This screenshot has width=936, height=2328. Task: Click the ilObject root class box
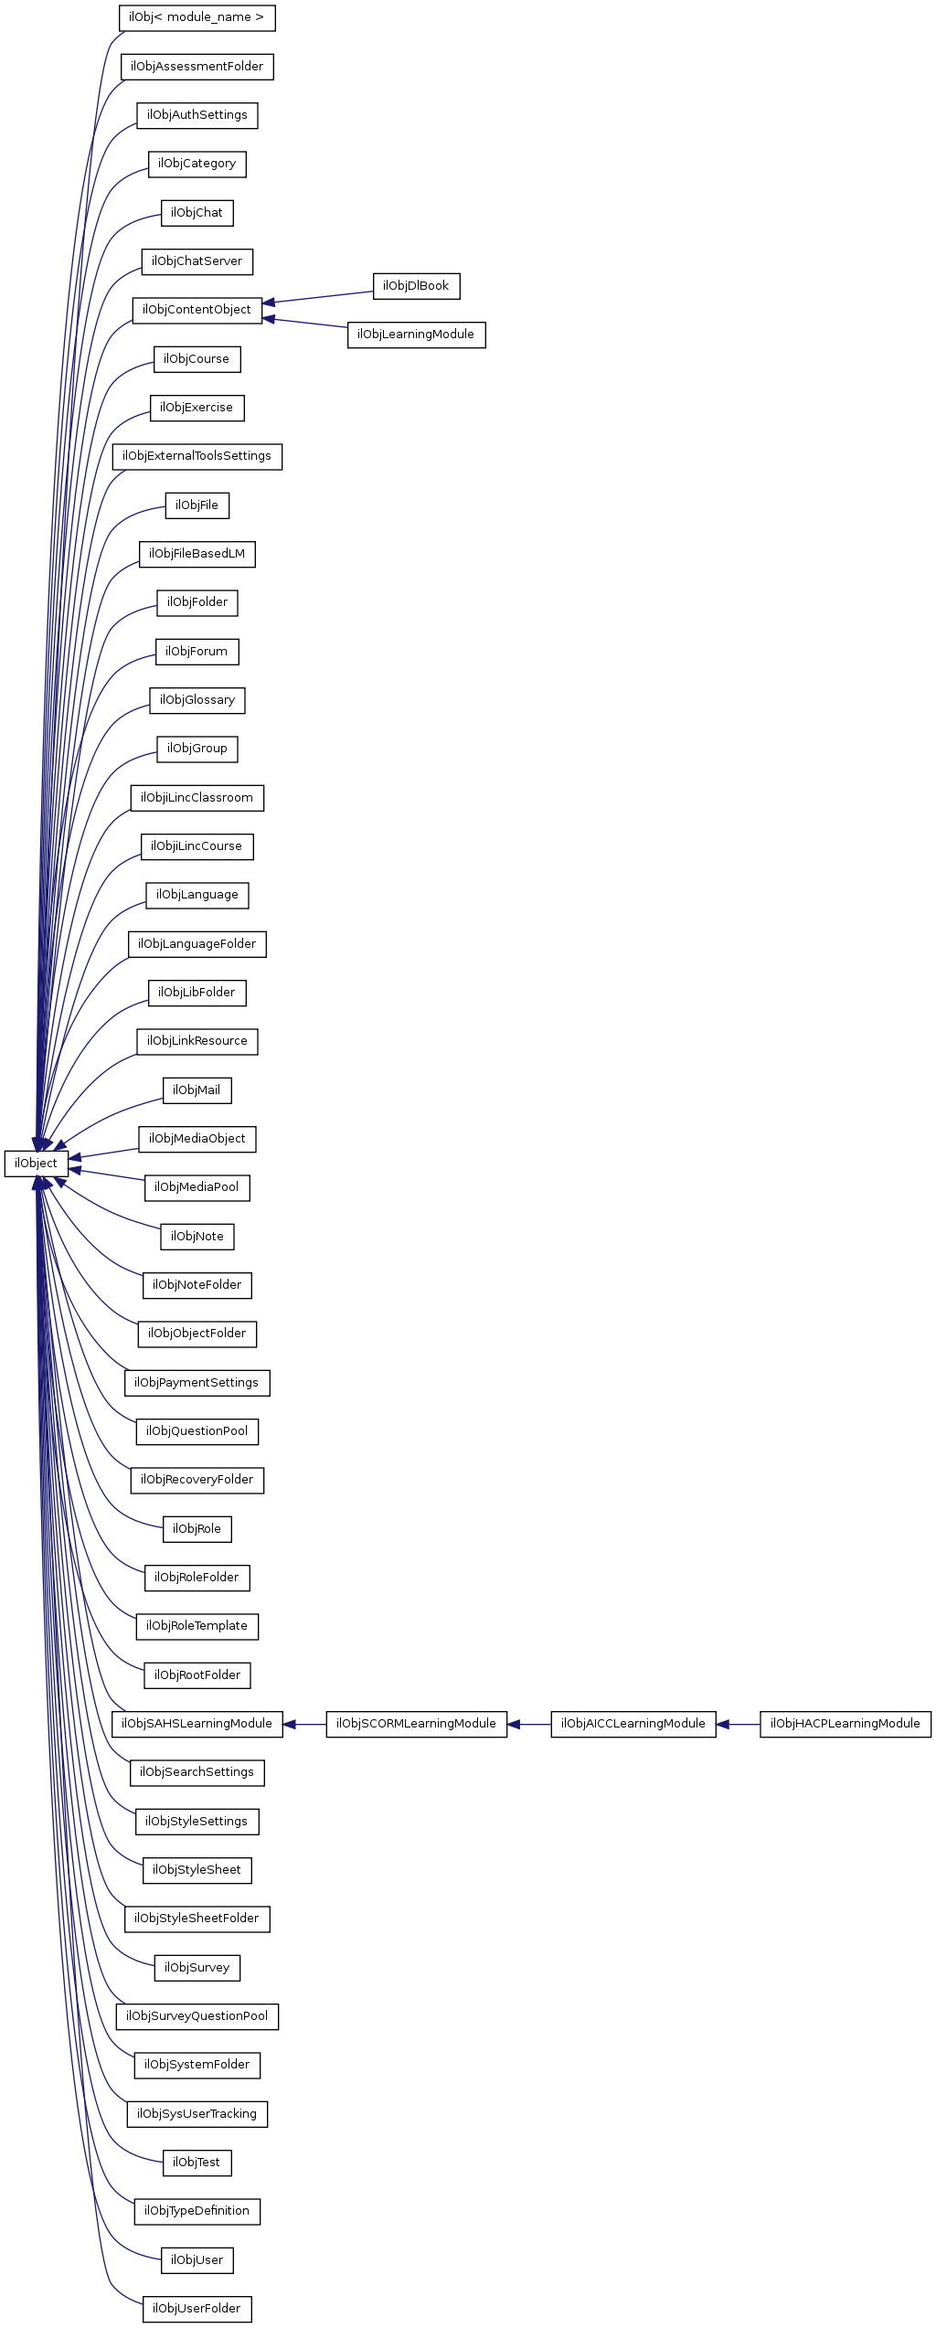(36, 1164)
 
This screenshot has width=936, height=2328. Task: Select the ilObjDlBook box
(416, 286)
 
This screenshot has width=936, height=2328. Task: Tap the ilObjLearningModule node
(416, 335)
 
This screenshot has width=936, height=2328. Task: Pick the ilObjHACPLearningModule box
(845, 1724)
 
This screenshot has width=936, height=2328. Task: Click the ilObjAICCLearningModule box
(633, 1724)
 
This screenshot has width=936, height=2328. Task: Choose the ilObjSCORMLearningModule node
(416, 1724)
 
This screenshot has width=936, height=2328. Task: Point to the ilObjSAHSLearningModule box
(197, 1724)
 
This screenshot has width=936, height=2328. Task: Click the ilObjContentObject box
(197, 310)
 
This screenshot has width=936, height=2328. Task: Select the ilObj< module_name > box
(197, 17)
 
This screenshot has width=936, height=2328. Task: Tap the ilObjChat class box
(197, 213)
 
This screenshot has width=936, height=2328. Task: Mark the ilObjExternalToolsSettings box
(197, 456)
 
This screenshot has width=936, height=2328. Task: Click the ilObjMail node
(197, 1090)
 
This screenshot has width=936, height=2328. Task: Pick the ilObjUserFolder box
(197, 2309)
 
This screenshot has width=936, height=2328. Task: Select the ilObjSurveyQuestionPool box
(197, 2016)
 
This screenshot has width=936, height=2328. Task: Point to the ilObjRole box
(197, 1529)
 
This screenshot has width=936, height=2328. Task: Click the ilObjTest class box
(197, 2163)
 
